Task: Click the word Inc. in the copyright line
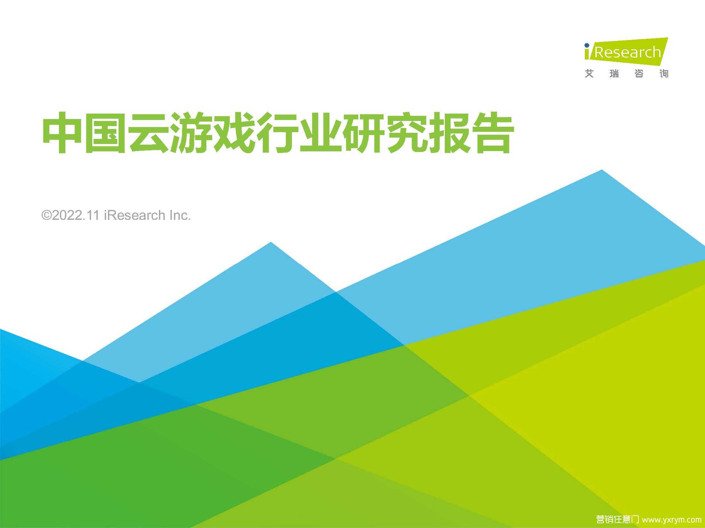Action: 180,215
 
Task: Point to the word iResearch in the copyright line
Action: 135,215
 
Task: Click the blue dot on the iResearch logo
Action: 587,45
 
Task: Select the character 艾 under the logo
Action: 589,74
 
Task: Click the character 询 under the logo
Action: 664,74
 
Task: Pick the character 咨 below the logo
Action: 639,74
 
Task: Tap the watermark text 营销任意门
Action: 618,519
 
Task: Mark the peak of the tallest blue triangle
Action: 602,170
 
